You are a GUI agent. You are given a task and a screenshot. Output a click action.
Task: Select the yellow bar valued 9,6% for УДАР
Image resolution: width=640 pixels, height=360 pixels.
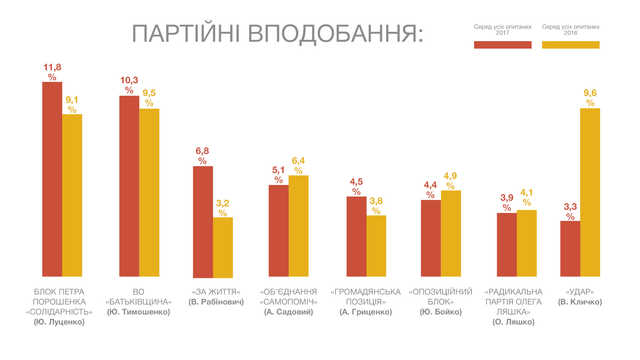click(590, 191)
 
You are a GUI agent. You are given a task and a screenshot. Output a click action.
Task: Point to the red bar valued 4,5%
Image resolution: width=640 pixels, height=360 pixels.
click(356, 235)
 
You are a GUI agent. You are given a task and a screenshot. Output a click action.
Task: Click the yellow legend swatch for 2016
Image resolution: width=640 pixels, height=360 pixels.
click(568, 45)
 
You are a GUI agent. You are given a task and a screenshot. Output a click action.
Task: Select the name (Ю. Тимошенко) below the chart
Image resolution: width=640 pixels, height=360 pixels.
click(139, 312)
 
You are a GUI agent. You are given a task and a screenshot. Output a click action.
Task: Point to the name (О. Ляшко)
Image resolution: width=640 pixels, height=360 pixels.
click(513, 323)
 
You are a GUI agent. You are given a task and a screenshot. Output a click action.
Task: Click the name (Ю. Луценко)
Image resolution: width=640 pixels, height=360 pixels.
click(62, 323)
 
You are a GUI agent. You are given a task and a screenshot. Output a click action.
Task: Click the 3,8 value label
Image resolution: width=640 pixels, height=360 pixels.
click(376, 203)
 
